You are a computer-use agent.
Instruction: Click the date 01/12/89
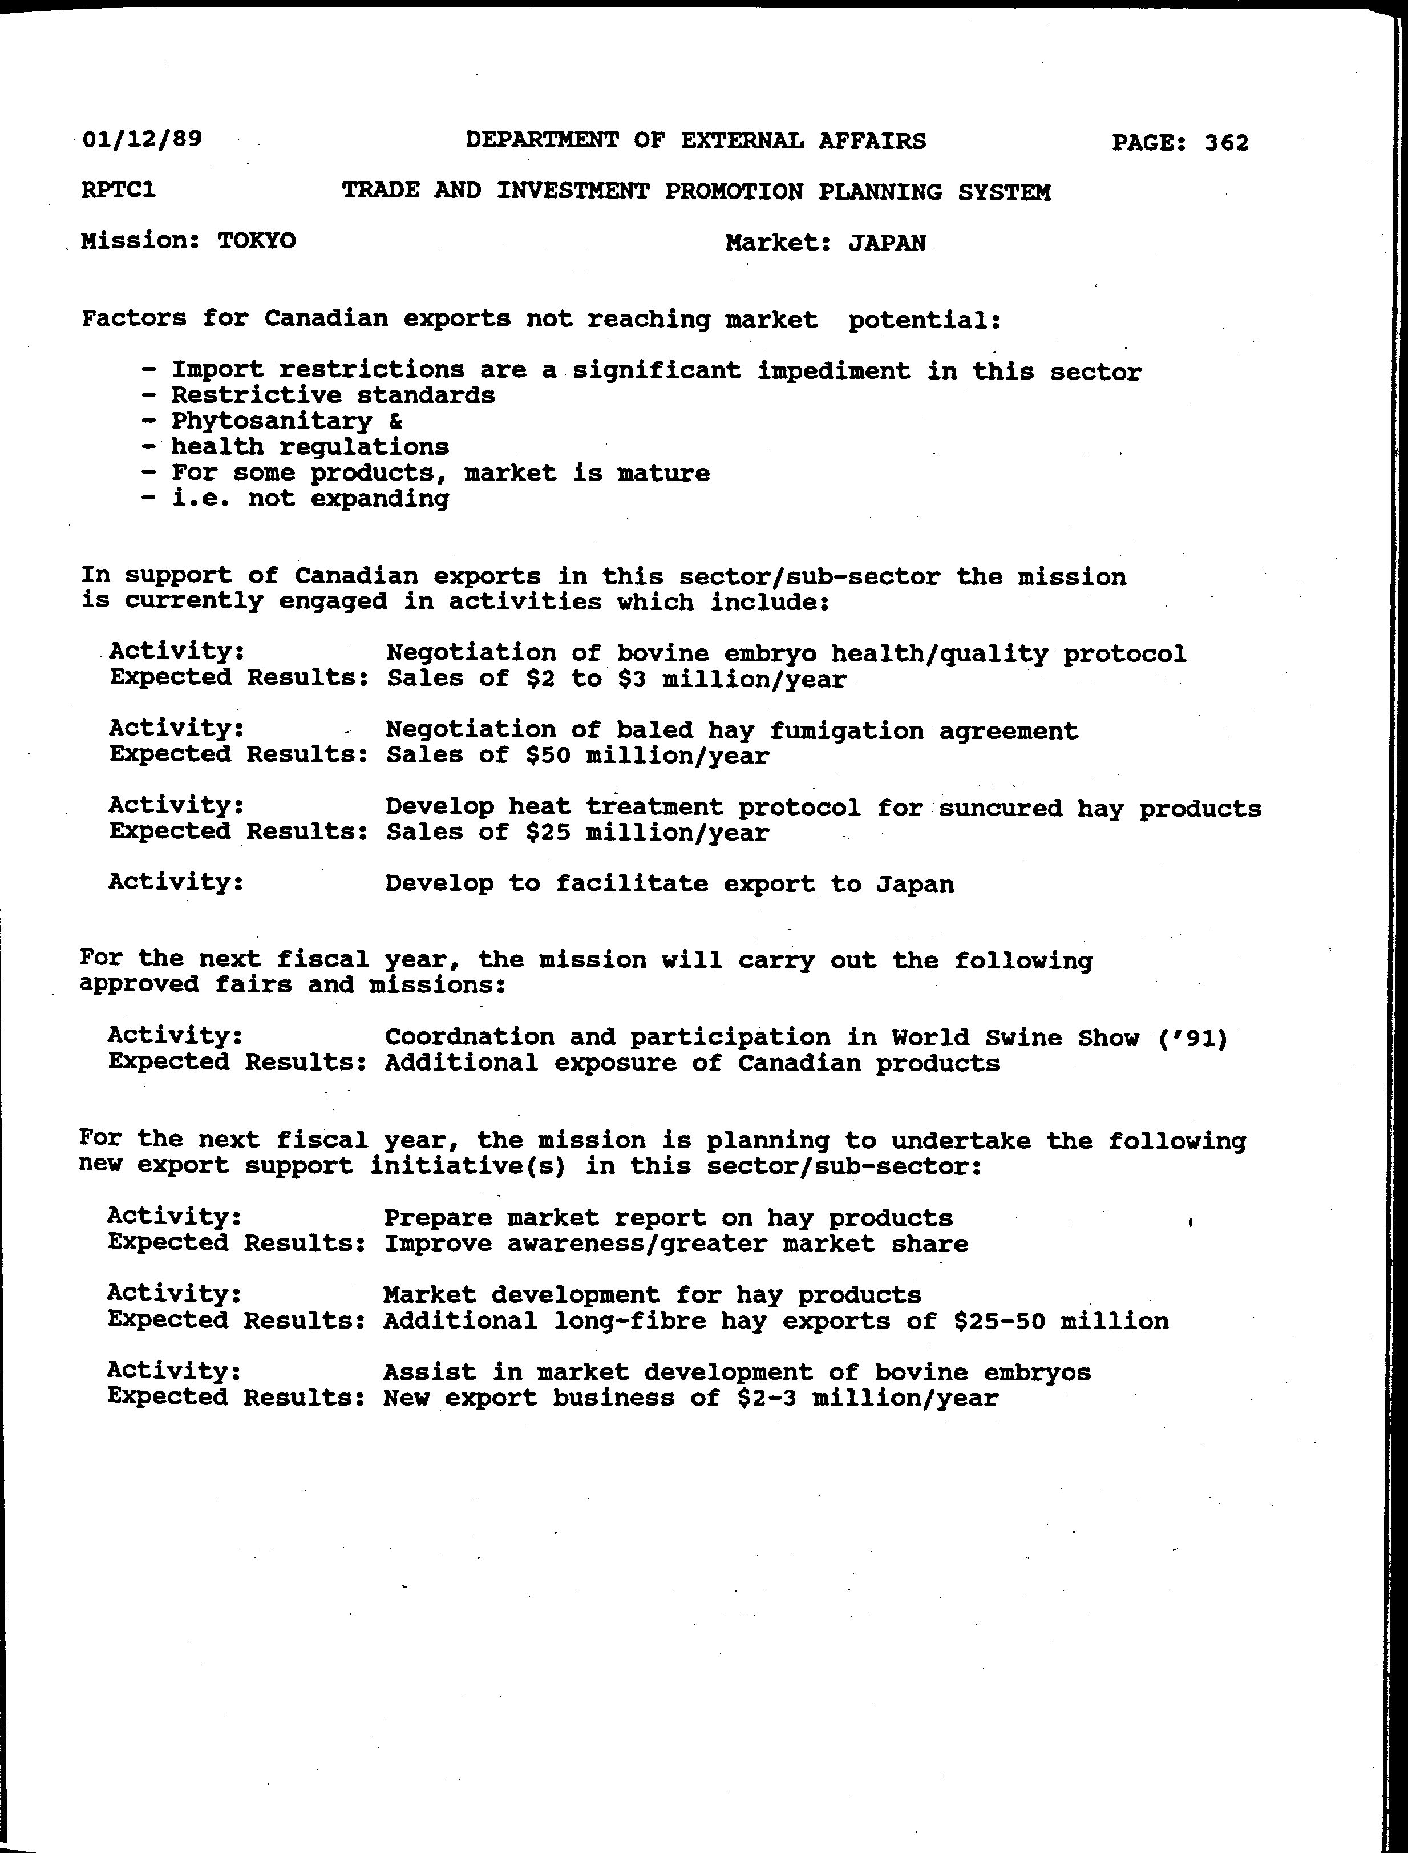[x=141, y=138]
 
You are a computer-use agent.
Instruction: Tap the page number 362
[x=1227, y=143]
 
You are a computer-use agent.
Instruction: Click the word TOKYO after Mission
[x=257, y=241]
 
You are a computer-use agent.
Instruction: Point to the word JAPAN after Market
[x=887, y=243]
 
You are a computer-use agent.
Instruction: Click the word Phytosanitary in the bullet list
[x=272, y=421]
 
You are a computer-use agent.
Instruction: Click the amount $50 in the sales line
[x=548, y=756]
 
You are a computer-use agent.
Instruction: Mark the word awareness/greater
[x=636, y=1244]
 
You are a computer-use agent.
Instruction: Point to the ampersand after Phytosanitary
[x=395, y=421]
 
